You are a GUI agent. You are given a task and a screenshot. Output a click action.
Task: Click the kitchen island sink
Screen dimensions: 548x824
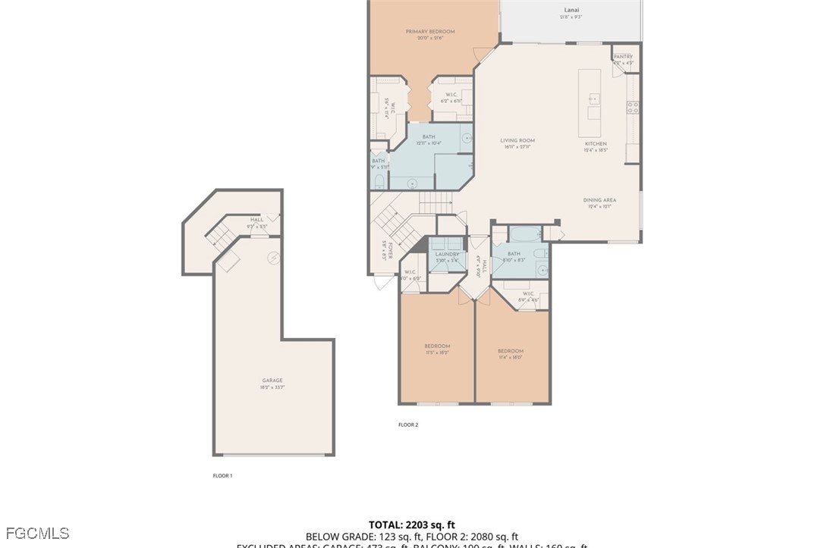click(594, 99)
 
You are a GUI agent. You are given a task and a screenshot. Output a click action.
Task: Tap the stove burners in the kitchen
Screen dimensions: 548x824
click(632, 107)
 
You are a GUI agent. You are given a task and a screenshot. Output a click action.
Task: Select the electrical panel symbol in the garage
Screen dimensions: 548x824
click(272, 258)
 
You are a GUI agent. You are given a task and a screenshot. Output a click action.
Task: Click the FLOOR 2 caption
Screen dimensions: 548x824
click(408, 425)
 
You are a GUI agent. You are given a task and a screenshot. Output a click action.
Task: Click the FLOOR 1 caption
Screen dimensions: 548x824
click(222, 476)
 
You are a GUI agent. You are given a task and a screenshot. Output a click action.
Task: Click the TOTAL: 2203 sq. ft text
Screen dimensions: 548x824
click(411, 525)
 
